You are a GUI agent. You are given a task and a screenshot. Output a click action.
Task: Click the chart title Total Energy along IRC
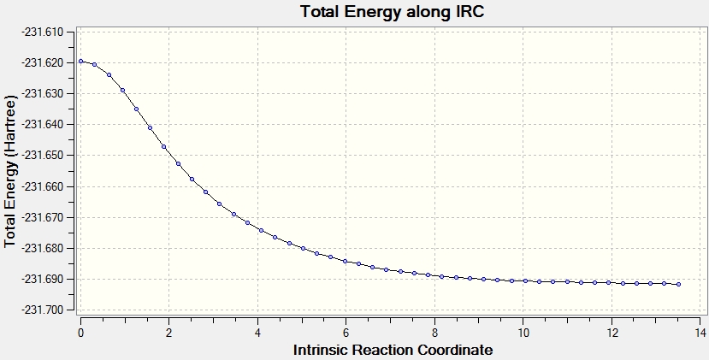tap(393, 11)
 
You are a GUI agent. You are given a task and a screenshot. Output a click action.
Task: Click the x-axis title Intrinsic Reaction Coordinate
tap(393, 350)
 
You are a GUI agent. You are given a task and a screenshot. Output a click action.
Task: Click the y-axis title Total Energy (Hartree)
tap(10, 171)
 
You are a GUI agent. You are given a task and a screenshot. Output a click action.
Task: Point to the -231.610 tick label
tap(42, 32)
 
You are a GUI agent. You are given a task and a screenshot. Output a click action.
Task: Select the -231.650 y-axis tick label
tap(42, 156)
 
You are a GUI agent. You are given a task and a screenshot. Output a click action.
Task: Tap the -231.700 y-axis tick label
tap(42, 310)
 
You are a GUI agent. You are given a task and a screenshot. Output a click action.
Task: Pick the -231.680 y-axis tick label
tap(42, 248)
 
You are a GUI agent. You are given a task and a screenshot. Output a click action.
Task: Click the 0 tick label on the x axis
tap(81, 333)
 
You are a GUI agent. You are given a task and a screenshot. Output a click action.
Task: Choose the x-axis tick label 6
tap(346, 333)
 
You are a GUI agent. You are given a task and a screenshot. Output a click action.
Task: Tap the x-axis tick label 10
tap(523, 333)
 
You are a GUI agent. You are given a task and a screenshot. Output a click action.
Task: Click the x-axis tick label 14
tap(700, 333)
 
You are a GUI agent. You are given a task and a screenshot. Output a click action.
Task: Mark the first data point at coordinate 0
tap(81, 61)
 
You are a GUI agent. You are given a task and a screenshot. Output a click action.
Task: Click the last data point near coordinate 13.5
tap(678, 285)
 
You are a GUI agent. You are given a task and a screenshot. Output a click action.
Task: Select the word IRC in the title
tap(469, 11)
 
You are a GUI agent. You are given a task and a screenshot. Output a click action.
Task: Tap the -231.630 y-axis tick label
tap(42, 93)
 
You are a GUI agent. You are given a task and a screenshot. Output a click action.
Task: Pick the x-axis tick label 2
tap(169, 333)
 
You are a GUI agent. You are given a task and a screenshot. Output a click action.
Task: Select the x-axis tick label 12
tap(612, 333)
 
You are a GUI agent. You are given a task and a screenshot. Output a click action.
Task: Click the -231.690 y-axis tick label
tap(42, 279)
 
